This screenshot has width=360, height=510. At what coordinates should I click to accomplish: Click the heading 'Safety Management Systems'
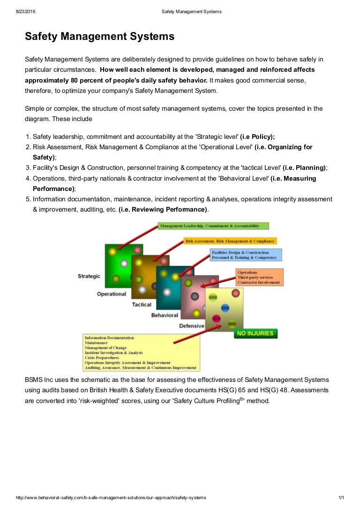[99, 36]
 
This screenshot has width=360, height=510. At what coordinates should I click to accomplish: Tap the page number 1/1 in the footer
[341, 497]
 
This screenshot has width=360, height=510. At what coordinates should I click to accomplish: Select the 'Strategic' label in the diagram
[89, 276]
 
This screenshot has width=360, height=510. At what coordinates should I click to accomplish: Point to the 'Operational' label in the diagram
[112, 294]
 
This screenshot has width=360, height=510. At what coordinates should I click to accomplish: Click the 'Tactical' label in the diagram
[142, 304]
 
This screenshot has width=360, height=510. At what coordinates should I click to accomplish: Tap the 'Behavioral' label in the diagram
[165, 315]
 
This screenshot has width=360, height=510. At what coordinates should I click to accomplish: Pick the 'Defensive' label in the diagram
[192, 326]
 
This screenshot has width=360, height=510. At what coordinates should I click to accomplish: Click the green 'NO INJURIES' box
[255, 334]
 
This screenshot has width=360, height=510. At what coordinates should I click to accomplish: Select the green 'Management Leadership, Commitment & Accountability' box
[213, 226]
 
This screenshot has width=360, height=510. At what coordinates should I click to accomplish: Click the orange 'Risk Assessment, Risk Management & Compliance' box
[230, 241]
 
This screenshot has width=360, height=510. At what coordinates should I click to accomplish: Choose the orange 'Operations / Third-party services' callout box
[260, 277]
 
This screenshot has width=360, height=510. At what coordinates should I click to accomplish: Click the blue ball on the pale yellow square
[225, 308]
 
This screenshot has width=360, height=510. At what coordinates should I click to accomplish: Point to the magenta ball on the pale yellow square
[216, 319]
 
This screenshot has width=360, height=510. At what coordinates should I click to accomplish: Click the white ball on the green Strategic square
[124, 263]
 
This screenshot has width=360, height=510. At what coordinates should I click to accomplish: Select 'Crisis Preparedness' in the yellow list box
[102, 358]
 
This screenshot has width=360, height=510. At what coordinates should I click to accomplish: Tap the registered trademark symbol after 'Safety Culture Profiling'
[242, 399]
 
